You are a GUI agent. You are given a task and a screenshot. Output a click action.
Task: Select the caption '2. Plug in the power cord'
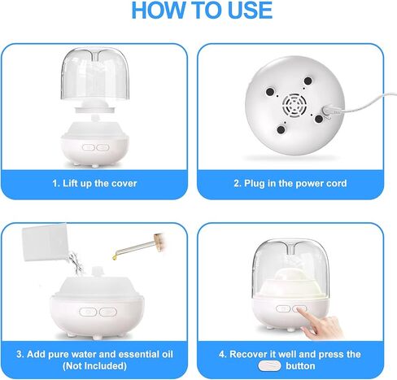pos(290,183)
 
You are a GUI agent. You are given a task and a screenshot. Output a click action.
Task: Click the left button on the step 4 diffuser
pos(281,310)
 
